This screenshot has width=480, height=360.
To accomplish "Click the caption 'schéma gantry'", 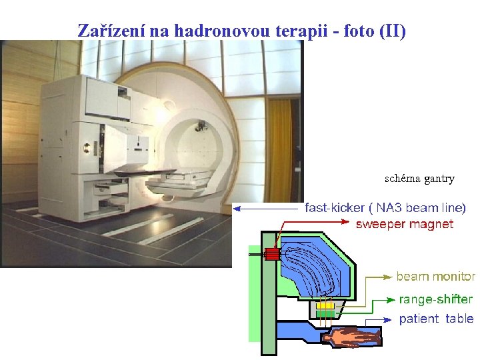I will [x=419, y=179].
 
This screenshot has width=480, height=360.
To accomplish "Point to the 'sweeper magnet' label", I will [x=404, y=224].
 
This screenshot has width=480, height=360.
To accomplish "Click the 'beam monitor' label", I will [x=436, y=276].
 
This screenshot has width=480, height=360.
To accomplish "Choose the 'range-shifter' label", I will [x=436, y=299].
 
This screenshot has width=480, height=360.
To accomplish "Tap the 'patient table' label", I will [x=436, y=319].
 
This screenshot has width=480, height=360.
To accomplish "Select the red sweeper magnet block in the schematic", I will [x=271, y=253].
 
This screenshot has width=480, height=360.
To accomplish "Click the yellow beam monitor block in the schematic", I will [x=325, y=305].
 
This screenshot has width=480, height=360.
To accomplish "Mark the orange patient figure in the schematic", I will [x=349, y=339].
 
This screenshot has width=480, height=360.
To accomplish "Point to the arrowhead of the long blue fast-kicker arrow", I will [x=237, y=208].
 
